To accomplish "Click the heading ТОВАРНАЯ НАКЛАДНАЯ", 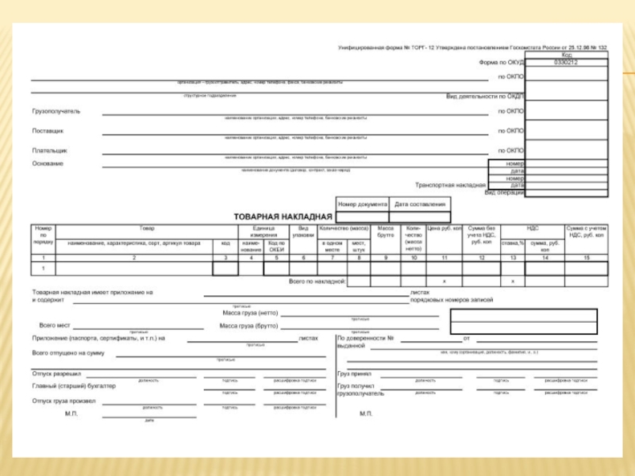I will pos(283,216).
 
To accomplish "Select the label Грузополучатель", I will pos(56,111).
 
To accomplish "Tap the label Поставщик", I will pos(48,130).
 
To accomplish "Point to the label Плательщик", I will pos(50,150).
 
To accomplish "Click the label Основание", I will pos(48,163).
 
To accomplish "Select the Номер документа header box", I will pos(362,204).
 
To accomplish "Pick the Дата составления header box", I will pos(421,204).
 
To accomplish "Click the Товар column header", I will pos(147,228).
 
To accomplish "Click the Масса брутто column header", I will pos(386,232).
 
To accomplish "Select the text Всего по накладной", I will pos(317,281).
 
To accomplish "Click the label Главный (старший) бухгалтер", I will pos(74,386).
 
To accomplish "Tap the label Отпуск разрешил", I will pos(56,373).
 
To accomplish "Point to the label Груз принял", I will pos(354,373).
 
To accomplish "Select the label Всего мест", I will pos(55,325).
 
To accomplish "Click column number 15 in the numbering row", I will pos(587,259).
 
